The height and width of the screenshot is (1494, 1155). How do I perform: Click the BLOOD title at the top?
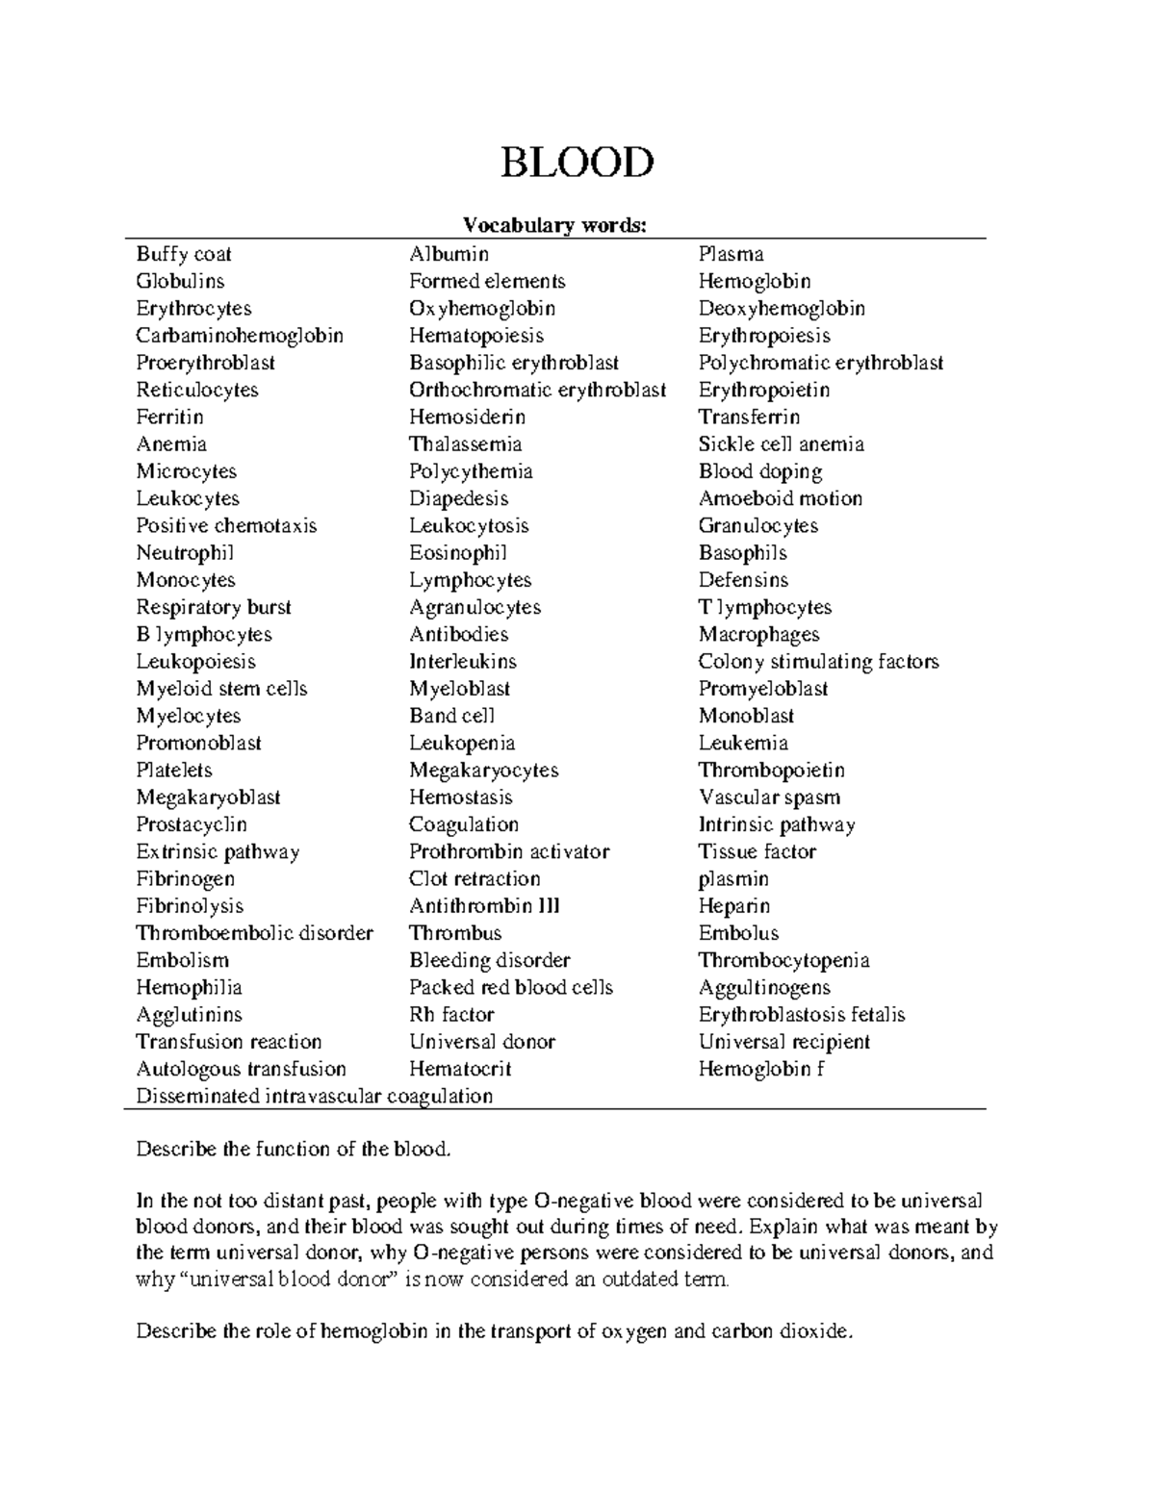(577, 164)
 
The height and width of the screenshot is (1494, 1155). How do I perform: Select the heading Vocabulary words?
(555, 225)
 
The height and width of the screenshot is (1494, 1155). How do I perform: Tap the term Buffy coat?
(184, 254)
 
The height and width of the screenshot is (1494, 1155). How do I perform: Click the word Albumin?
(449, 254)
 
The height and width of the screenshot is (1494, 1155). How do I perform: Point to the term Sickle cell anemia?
(781, 444)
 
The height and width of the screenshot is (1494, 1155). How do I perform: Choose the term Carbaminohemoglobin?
(240, 336)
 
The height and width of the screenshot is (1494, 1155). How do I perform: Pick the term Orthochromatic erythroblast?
(537, 390)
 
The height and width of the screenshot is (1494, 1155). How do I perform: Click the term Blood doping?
(760, 471)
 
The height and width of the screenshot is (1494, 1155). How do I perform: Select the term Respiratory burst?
(214, 607)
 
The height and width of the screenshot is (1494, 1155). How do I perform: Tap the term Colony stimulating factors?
(818, 662)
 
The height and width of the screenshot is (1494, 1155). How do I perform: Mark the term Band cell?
(451, 716)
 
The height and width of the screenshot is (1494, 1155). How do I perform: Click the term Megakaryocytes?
(483, 770)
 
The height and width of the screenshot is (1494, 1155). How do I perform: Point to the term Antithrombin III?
(484, 906)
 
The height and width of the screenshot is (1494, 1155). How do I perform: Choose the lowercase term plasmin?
(733, 878)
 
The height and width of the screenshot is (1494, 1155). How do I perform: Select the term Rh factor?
(451, 1014)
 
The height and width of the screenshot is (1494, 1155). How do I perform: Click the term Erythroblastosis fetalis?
(802, 1014)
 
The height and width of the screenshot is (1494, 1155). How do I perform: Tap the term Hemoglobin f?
(761, 1069)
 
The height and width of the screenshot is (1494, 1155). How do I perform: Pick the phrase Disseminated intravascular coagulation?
(315, 1096)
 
